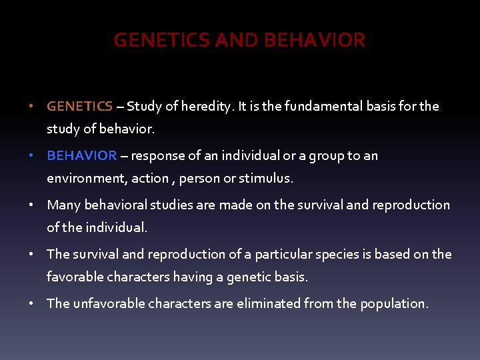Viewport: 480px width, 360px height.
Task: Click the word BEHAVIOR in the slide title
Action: tap(315, 41)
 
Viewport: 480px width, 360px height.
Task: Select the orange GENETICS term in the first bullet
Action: tap(79, 106)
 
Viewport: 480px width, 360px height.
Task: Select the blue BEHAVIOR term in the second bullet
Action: tap(81, 155)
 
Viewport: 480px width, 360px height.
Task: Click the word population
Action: tap(393, 303)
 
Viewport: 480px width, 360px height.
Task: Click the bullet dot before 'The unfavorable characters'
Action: tap(31, 303)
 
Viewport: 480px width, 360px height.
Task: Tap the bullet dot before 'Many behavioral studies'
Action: tap(31, 205)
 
